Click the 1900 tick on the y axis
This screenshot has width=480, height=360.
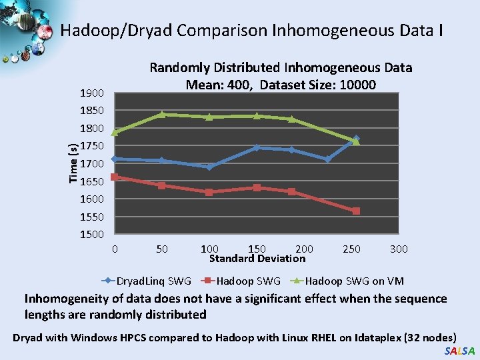pyautogui.click(x=91, y=93)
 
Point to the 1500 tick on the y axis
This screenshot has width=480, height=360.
pyautogui.click(x=91, y=235)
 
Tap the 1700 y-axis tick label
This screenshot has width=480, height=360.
pyautogui.click(x=91, y=163)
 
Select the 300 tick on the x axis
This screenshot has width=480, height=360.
pyautogui.click(x=399, y=249)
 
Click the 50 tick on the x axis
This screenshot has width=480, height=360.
pyautogui.click(x=162, y=249)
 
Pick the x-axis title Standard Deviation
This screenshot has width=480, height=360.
pyautogui.click(x=257, y=259)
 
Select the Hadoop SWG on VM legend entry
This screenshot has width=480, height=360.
pyautogui.click(x=354, y=281)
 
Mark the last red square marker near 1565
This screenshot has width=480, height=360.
pyautogui.click(x=356, y=211)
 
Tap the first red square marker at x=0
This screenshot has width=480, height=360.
pyautogui.click(x=115, y=177)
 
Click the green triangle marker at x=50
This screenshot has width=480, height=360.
pyautogui.click(x=162, y=114)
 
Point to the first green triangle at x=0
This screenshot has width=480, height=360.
pyautogui.click(x=115, y=132)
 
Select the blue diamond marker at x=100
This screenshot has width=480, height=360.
pyautogui.click(x=209, y=167)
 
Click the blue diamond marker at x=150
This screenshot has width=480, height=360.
pyautogui.click(x=257, y=147)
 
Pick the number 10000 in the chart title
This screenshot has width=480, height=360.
pyautogui.click(x=357, y=85)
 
